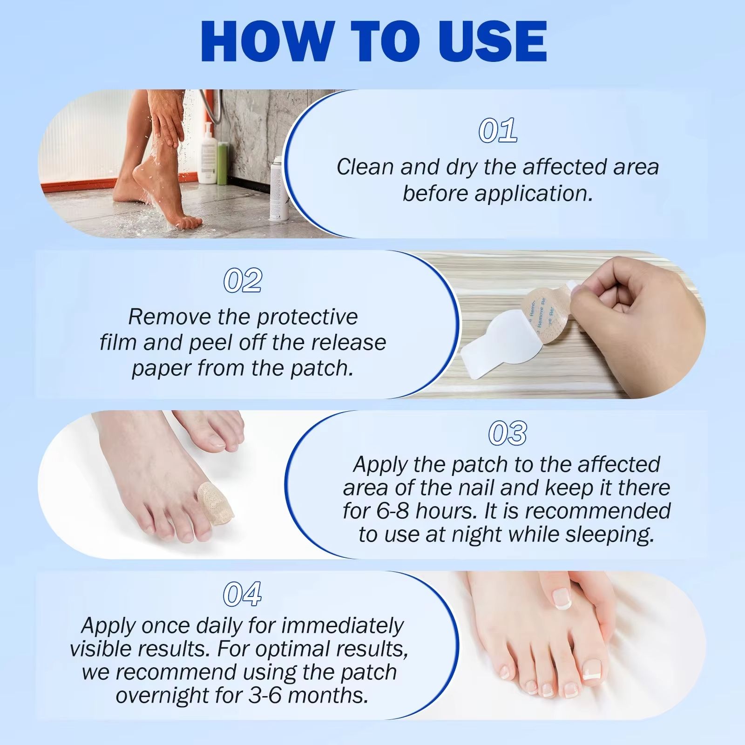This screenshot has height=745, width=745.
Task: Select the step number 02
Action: (x=243, y=281)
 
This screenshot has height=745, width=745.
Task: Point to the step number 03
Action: (x=508, y=433)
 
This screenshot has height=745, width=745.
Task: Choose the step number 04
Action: (x=242, y=595)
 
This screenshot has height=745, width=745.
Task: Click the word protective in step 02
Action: (x=307, y=318)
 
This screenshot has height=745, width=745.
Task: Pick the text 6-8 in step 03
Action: (x=393, y=511)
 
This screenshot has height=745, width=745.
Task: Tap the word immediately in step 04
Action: (x=342, y=626)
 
